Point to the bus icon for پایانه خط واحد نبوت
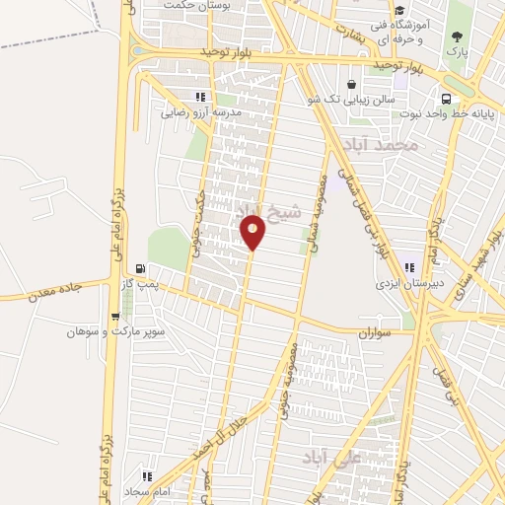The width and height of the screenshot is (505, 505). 446,99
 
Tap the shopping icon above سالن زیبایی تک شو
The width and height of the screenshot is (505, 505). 353,84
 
